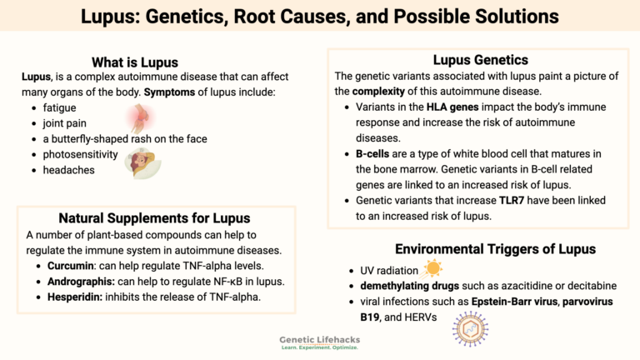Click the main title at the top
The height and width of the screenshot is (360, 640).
(x=320, y=16)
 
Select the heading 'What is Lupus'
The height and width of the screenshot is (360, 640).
(x=134, y=62)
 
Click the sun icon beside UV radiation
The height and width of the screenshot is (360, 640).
(x=432, y=268)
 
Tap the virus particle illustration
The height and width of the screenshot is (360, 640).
(x=470, y=330)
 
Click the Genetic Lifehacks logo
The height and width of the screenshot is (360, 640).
(x=320, y=342)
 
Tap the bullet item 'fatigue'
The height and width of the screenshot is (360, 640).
(x=60, y=108)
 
